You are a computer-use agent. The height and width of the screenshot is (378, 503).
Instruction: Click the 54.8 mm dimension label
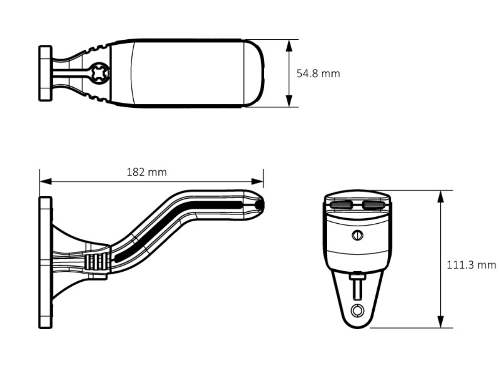coord(318,74)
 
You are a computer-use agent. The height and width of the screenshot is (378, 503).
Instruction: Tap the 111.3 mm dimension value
coord(471,265)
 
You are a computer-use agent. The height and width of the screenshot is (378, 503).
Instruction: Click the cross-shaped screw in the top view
coord(100,73)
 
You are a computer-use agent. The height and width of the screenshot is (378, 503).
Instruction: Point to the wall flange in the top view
coord(45,73)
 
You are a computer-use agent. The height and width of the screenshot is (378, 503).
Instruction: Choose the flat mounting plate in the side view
coord(45,263)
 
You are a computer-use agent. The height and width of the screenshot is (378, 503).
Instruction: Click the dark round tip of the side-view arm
coord(260,205)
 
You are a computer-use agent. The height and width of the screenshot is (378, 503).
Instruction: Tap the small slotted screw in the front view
coord(357,234)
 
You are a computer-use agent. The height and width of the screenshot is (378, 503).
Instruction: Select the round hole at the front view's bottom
coord(358,310)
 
